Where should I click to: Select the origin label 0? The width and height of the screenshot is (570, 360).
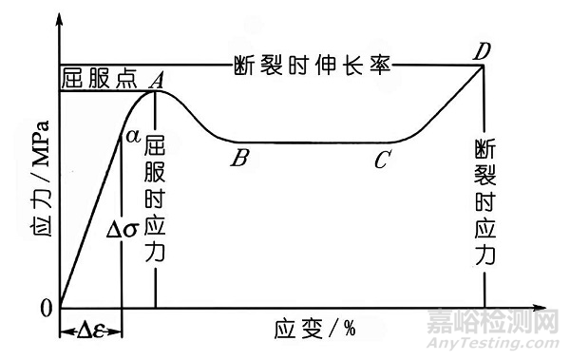tap(46, 308)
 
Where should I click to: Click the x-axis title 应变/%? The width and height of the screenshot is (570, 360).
tap(314, 331)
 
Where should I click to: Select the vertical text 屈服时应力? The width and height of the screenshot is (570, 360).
tap(156, 199)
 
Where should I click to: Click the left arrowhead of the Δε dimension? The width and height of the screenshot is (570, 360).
tap(65, 331)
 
